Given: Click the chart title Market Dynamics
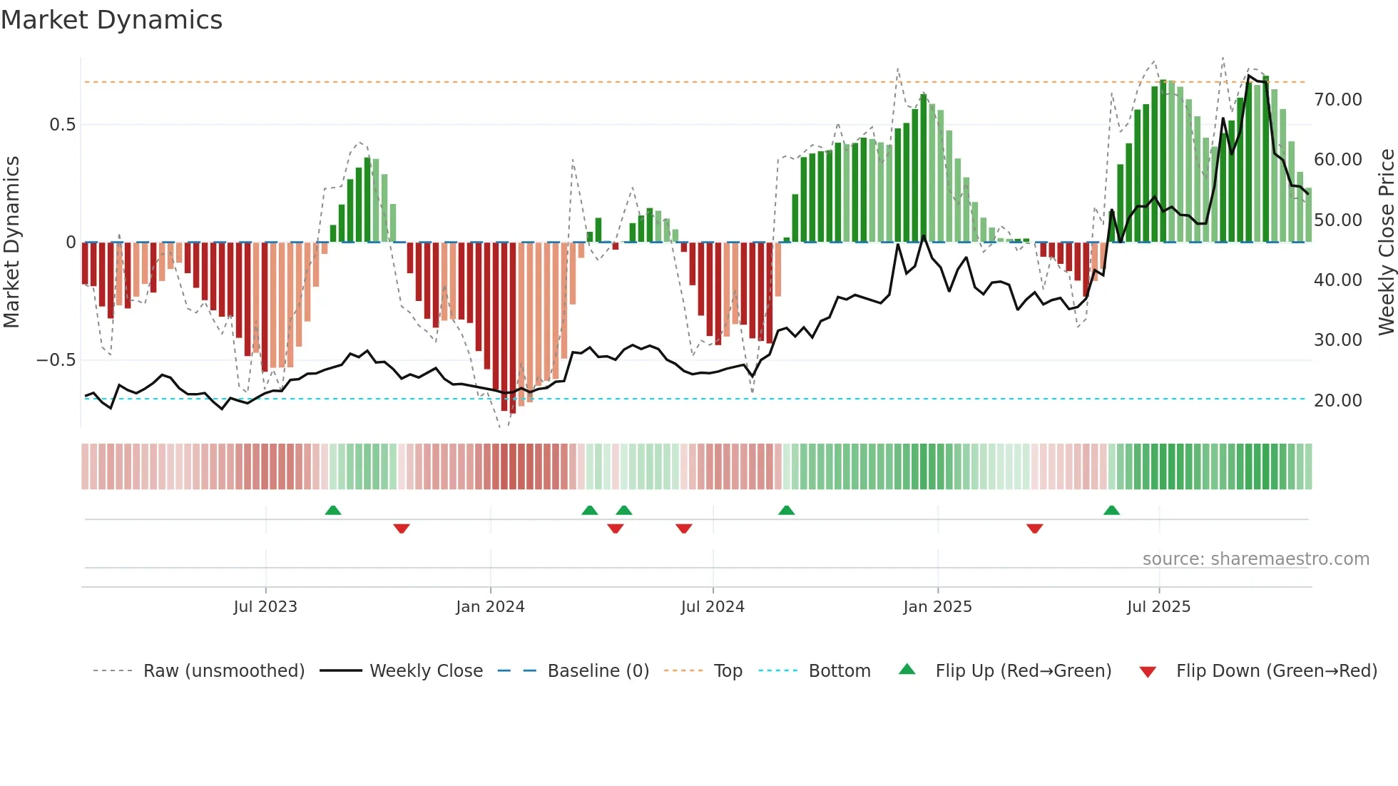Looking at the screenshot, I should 111,20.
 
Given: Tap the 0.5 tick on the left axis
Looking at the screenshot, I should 62,125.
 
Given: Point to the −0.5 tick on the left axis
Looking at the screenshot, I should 56,360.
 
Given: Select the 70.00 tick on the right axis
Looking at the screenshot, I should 1337,100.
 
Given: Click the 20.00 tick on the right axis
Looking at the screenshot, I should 1337,401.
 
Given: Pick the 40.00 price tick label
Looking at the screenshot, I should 1337,280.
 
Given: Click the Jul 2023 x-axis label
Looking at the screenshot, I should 265,607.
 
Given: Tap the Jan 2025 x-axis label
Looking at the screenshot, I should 937,607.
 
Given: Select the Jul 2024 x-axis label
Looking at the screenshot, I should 713,607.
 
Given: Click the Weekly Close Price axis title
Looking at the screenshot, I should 1386,242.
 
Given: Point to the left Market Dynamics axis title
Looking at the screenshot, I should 11,242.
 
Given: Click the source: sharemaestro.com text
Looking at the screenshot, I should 1255,559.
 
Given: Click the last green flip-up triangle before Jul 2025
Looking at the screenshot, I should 1111,511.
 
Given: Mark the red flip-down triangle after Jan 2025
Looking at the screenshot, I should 1035,529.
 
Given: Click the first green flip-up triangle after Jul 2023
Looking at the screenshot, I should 333,511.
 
